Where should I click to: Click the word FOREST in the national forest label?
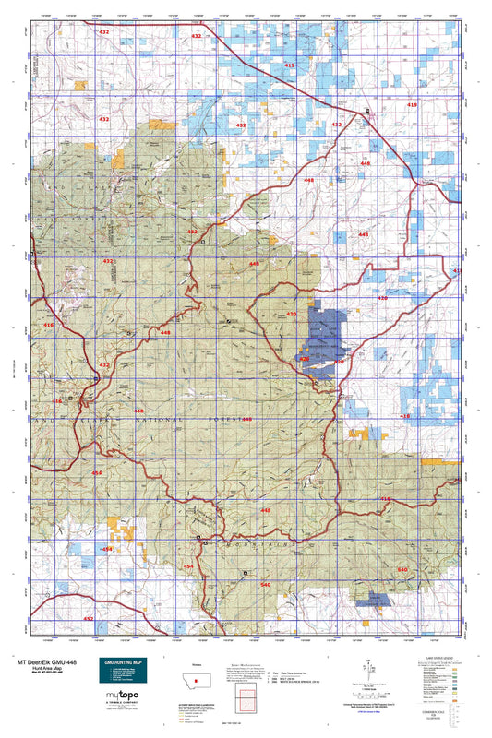point(222,419)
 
